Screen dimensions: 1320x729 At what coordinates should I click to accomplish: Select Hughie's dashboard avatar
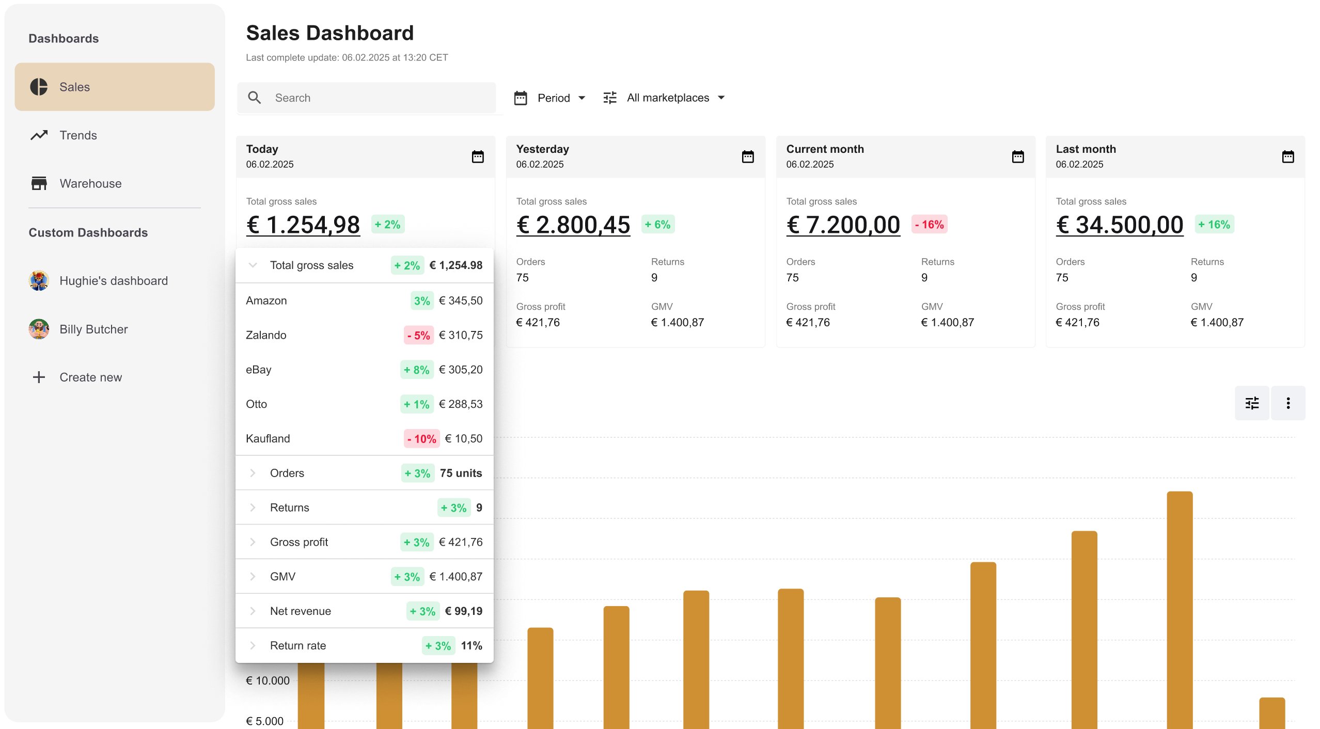click(x=39, y=280)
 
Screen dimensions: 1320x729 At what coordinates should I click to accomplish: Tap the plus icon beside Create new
click(x=39, y=377)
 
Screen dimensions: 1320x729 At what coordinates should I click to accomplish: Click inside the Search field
click(x=367, y=98)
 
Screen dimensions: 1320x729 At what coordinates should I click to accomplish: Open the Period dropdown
click(x=550, y=98)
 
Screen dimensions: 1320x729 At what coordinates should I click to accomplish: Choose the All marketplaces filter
click(x=664, y=98)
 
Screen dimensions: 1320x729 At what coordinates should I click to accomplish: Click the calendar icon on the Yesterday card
click(x=748, y=156)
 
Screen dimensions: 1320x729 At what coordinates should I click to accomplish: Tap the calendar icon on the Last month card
click(x=1288, y=156)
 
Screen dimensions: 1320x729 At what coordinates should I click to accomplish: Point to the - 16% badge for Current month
click(x=930, y=225)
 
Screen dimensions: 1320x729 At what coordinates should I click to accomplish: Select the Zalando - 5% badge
click(x=418, y=336)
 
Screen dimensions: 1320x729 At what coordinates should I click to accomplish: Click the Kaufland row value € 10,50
click(x=464, y=439)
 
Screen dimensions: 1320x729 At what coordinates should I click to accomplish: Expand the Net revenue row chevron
click(x=253, y=611)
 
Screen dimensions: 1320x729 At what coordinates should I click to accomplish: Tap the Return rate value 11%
click(x=472, y=646)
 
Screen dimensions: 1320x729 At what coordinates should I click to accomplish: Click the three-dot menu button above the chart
click(x=1288, y=403)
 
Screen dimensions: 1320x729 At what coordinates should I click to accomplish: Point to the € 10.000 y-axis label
click(x=268, y=680)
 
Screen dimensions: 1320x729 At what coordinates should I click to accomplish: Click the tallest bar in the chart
click(x=1180, y=609)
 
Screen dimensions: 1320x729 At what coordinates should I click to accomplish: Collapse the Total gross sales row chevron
click(x=253, y=265)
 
